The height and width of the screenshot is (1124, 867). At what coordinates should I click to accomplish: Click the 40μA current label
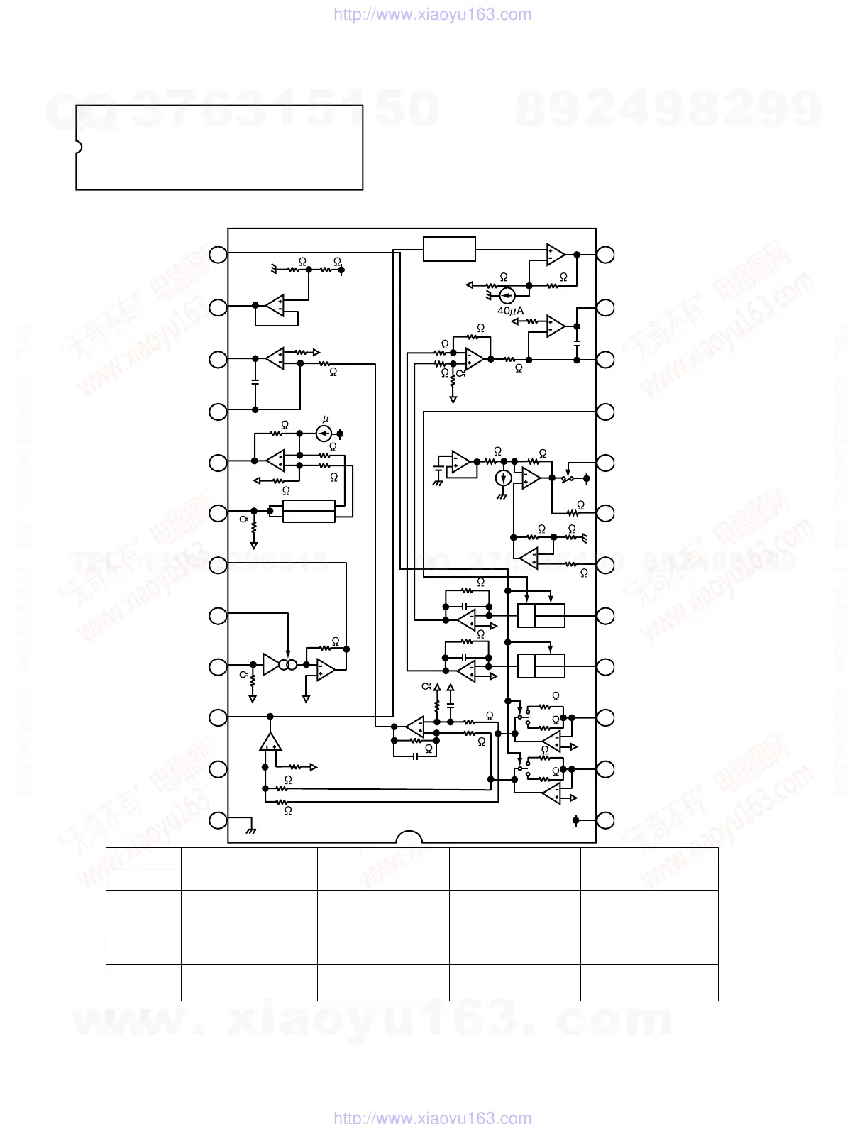pyautogui.click(x=510, y=311)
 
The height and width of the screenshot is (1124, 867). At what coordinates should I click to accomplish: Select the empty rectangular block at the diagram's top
pyautogui.click(x=449, y=249)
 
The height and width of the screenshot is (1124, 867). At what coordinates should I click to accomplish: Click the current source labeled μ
pyautogui.click(x=323, y=433)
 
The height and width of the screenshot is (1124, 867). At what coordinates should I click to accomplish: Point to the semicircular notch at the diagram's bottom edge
pyautogui.click(x=409, y=837)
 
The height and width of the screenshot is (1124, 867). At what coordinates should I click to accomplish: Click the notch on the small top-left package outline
pyautogui.click(x=78, y=148)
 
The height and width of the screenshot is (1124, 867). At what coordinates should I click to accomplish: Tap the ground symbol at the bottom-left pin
pyautogui.click(x=250, y=829)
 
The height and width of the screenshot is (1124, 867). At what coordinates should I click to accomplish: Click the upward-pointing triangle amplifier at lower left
pyautogui.click(x=270, y=742)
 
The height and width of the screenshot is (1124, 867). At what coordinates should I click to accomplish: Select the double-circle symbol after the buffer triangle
pyautogui.click(x=287, y=665)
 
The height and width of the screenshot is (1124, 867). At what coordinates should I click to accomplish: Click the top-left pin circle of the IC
pyautogui.click(x=218, y=254)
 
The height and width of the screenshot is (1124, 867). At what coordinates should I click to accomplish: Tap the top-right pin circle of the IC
pyautogui.click(x=605, y=254)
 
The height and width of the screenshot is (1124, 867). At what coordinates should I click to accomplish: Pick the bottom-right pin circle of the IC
pyautogui.click(x=605, y=821)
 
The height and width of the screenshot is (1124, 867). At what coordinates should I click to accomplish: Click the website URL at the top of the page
pyautogui.click(x=432, y=14)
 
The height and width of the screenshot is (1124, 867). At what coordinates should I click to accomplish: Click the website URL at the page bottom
pyautogui.click(x=432, y=1118)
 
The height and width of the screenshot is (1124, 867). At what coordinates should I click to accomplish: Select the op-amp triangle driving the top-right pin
pyautogui.click(x=556, y=253)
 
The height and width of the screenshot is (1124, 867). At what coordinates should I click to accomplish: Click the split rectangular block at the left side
pyautogui.click(x=309, y=511)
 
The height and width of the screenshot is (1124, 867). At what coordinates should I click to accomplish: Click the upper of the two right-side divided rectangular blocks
pyautogui.click(x=541, y=615)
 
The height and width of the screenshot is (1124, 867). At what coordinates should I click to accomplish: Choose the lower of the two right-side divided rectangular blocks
pyautogui.click(x=541, y=666)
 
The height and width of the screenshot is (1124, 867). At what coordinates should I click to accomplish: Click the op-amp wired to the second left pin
pyautogui.click(x=275, y=306)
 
